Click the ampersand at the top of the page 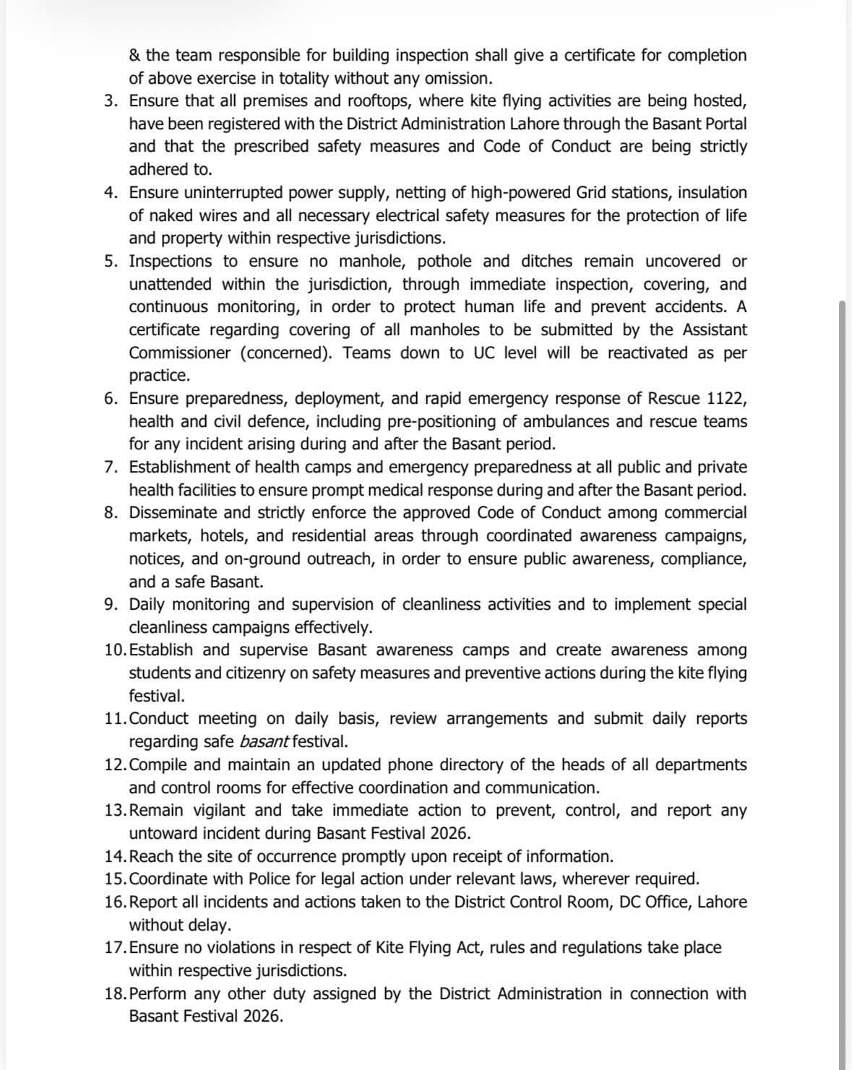(x=135, y=56)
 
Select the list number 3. (x=110, y=101)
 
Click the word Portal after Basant (x=725, y=124)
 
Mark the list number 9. (x=110, y=604)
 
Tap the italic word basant (x=264, y=741)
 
